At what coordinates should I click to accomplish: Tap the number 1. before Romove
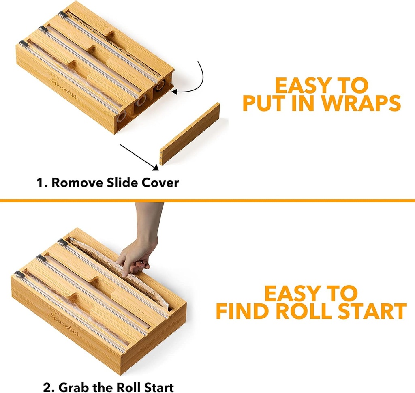click(43, 183)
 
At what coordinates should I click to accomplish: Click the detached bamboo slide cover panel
click(190, 134)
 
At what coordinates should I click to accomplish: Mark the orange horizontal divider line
click(207, 200)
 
